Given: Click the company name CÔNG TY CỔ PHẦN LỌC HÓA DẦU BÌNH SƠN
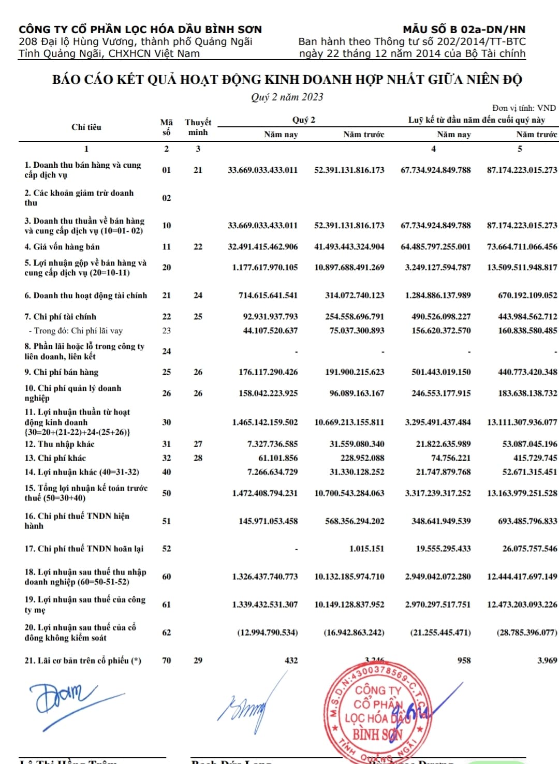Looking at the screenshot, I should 140,30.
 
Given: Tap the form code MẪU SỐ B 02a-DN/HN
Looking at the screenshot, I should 464,30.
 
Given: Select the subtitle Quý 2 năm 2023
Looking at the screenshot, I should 287,97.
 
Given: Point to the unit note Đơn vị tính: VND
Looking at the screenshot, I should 524,108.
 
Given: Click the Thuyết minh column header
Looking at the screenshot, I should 198,127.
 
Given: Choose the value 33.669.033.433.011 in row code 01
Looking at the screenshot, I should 262,170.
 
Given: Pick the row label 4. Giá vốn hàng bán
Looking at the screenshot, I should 62,247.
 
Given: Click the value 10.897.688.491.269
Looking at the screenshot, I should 349,268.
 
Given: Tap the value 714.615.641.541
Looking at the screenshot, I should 268,296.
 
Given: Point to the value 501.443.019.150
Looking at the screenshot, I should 441,372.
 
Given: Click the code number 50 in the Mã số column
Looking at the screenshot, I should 167,493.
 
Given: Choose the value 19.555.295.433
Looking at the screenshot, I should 443,549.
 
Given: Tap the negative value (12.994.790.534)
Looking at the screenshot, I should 267,633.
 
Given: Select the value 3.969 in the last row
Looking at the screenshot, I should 547,660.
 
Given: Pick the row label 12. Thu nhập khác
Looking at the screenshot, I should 60,444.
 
